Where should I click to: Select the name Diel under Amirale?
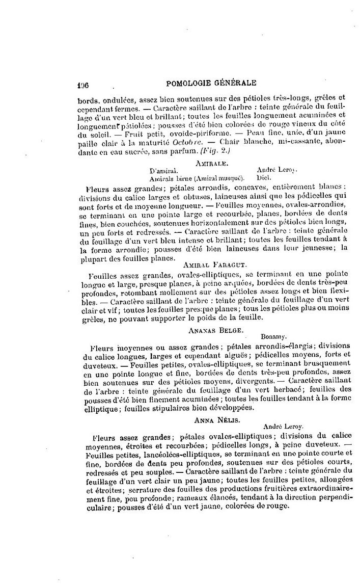263,178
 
